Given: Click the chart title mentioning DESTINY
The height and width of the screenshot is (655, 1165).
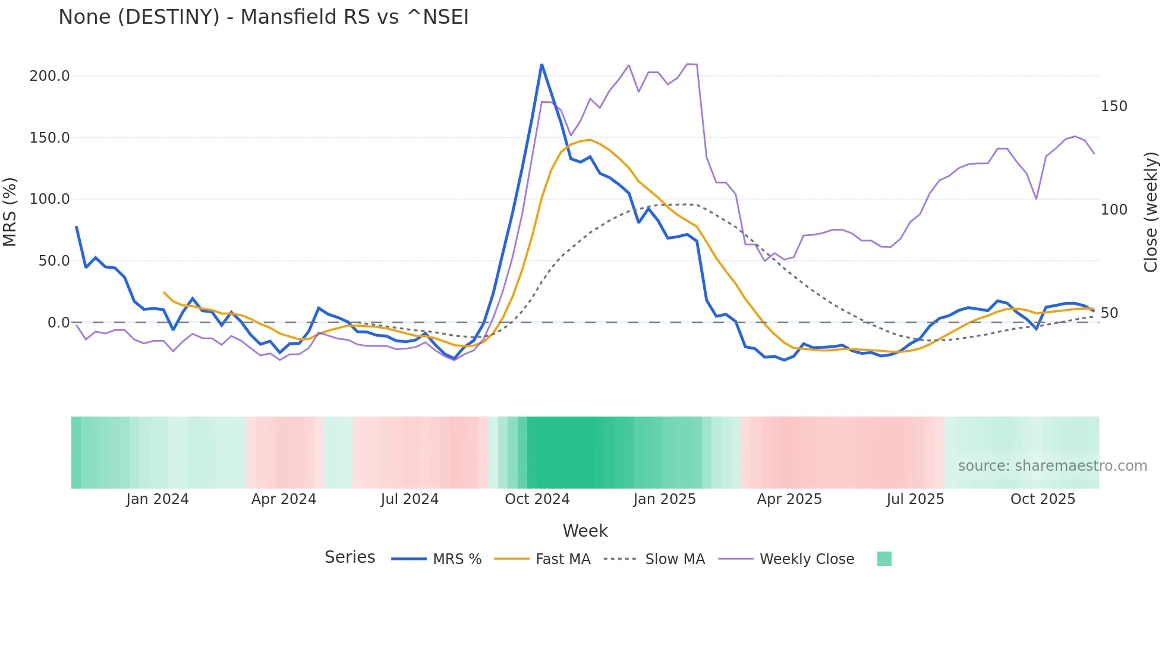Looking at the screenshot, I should [263, 17].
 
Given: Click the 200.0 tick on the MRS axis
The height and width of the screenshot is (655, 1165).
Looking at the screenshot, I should [50, 76].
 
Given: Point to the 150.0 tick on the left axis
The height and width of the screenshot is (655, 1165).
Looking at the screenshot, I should [50, 138].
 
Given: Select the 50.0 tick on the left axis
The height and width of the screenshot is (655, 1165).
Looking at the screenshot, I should [54, 261].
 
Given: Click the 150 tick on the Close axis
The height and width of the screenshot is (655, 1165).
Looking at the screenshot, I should [1114, 106].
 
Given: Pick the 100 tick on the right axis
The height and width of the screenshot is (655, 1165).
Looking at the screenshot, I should [1114, 210].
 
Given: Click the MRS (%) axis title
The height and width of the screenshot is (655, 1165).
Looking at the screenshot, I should [10, 212].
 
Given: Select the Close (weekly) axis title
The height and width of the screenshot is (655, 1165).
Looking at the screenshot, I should [1151, 212].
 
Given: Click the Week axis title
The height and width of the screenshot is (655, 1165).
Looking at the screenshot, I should [585, 531].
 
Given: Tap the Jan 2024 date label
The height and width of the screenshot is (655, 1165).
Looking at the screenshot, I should [158, 499].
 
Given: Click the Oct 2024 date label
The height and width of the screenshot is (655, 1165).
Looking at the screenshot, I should [537, 499].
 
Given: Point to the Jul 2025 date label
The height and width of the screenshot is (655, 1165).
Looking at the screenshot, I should [915, 499].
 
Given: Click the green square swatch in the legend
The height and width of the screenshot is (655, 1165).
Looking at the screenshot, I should [884, 559].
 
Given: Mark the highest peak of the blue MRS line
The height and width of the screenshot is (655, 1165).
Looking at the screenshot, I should [541, 65].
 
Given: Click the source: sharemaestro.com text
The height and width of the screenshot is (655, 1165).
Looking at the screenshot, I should [1052, 466].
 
